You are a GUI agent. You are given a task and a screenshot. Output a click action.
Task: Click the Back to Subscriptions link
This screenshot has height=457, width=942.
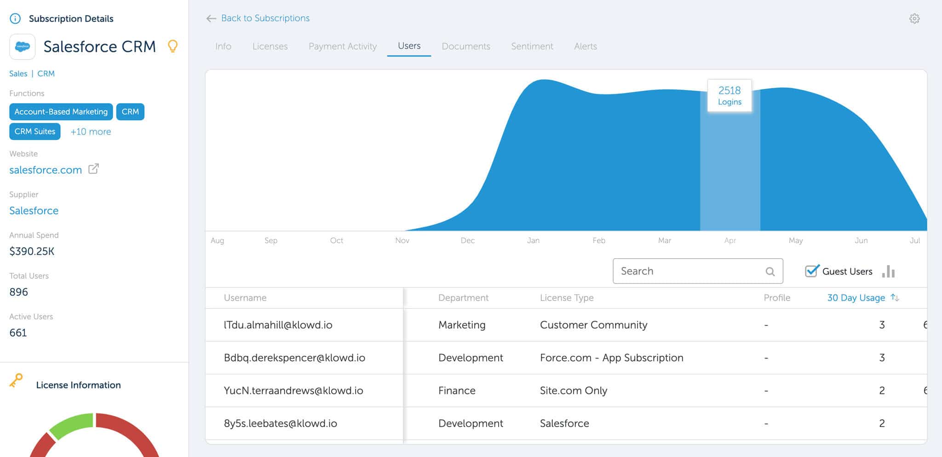(x=265, y=18)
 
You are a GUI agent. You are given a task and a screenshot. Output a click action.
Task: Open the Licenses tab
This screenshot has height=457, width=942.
(x=270, y=46)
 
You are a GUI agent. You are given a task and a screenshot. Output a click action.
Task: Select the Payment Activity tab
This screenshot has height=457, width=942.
(x=343, y=46)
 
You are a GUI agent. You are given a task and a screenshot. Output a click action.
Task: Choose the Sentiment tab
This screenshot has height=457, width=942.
(x=532, y=46)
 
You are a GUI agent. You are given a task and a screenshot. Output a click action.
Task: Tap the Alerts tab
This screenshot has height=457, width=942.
(x=586, y=46)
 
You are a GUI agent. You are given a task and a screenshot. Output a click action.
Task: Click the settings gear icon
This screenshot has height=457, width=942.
(x=914, y=19)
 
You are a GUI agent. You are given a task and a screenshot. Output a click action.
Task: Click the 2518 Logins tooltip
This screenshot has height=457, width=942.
(x=729, y=95)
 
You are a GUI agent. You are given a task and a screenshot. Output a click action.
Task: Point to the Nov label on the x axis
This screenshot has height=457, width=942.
(x=402, y=241)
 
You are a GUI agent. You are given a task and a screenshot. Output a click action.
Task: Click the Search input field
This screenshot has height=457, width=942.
(x=690, y=271)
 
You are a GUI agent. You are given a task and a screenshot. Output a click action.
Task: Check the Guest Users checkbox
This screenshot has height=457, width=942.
(x=812, y=271)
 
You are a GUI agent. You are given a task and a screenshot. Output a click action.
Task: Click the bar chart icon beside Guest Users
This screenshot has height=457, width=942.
(x=889, y=272)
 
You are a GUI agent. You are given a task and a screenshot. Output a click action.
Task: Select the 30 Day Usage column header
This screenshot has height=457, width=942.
(x=856, y=298)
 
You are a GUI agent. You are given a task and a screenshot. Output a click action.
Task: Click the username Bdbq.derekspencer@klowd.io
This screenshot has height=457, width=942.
(x=294, y=358)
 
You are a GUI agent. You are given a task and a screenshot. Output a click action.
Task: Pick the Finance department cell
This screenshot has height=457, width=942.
(x=457, y=391)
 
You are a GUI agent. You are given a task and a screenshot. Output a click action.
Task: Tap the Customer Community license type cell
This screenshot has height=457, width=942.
(x=593, y=325)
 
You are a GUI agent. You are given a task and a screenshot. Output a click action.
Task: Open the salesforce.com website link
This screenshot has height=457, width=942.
(x=46, y=170)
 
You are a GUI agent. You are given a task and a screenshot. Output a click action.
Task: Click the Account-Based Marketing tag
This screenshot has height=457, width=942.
(x=61, y=112)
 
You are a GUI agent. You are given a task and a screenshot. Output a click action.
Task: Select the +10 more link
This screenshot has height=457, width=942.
(x=91, y=132)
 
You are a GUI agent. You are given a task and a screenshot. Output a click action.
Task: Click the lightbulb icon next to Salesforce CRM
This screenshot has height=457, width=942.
(x=172, y=46)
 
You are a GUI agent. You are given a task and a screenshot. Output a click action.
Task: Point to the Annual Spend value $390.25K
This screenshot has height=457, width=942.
(x=32, y=251)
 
